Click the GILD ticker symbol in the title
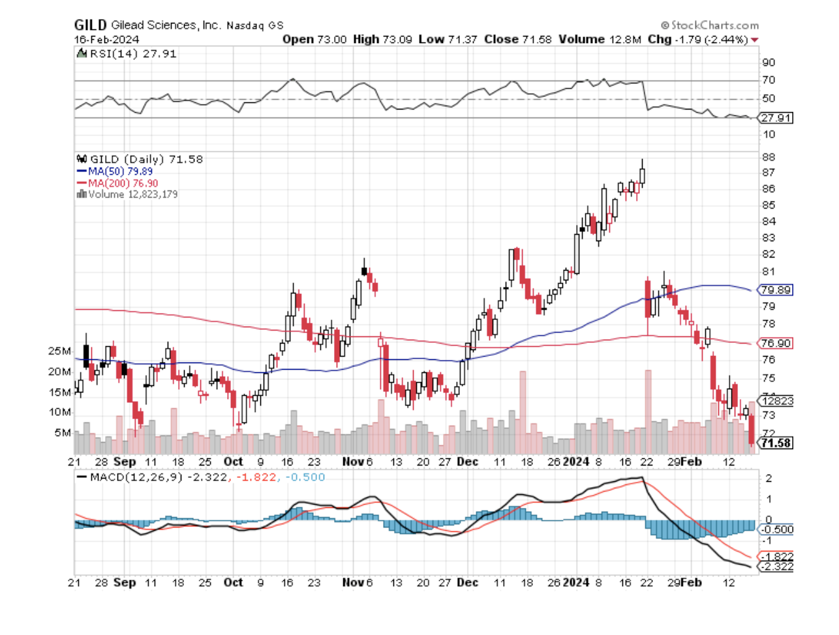point(90,25)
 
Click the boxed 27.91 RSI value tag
point(776,118)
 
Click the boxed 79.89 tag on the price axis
point(776,289)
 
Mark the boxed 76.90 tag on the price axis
point(776,343)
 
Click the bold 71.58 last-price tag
point(776,443)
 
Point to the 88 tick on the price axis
point(769,157)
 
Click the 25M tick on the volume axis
point(59,351)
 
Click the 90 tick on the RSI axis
point(769,63)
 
